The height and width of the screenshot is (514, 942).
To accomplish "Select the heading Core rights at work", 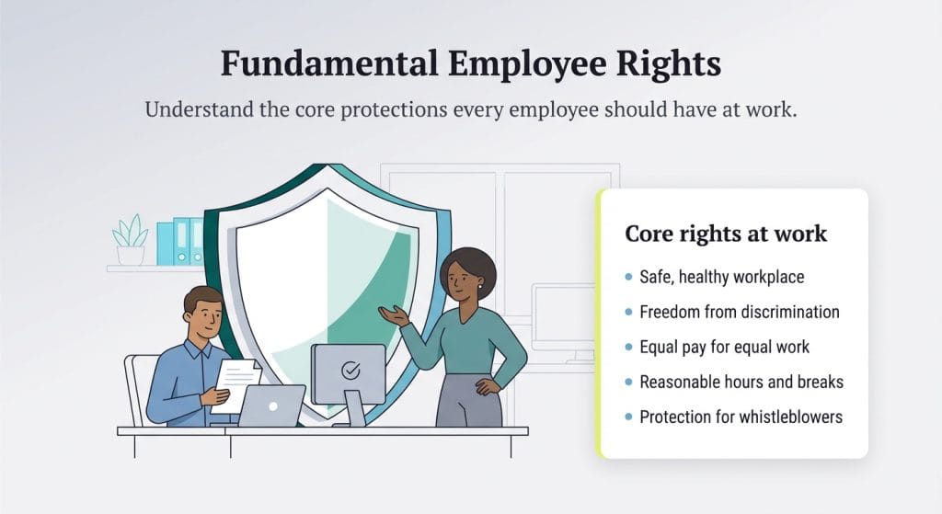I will (726, 234).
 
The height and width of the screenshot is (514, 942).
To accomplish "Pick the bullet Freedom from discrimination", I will (739, 312).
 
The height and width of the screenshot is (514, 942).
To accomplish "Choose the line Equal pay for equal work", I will (724, 347).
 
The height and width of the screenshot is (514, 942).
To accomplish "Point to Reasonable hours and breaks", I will (741, 382).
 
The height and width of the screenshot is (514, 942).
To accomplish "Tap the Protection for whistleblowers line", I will (741, 417).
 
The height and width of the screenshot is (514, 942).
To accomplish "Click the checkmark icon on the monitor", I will (350, 371).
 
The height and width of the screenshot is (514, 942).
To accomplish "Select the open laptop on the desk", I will (271, 405).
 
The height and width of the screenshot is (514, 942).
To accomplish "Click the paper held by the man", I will (237, 382).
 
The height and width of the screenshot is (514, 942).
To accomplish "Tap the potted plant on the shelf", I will (130, 240).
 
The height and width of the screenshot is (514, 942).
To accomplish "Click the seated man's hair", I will (201, 300).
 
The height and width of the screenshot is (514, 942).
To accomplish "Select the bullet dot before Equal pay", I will (628, 348).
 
